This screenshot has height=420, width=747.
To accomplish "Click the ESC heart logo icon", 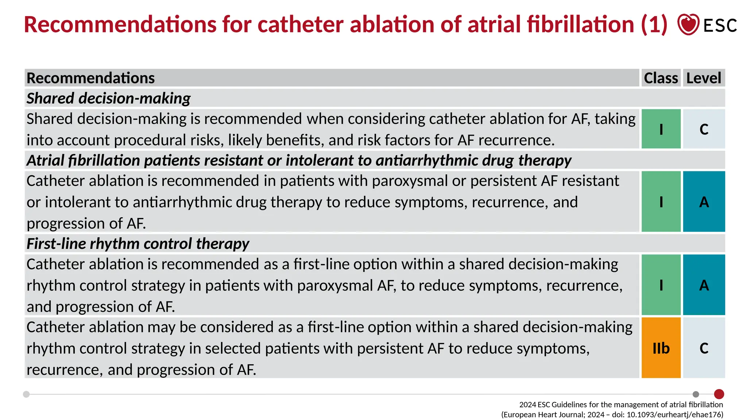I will tap(688, 24).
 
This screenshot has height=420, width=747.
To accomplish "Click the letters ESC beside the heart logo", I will tap(720, 26).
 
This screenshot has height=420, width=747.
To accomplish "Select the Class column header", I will tap(661, 78).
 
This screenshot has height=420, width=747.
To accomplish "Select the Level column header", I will tap(704, 78).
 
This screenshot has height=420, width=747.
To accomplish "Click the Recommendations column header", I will tap(91, 78).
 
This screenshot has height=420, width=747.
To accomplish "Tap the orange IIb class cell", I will tap(661, 348).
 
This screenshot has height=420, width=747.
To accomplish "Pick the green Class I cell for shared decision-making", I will tap(661, 129).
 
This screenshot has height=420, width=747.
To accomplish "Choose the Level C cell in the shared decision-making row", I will tap(704, 129).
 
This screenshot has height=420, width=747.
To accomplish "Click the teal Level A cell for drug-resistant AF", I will tap(704, 202).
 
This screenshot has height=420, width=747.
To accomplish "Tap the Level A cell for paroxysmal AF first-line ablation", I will tap(704, 285).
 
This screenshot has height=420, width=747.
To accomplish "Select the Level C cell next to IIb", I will tap(704, 348).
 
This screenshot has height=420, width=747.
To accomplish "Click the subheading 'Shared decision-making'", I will tap(108, 98).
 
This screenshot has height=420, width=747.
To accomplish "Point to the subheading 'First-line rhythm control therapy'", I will tap(138, 244).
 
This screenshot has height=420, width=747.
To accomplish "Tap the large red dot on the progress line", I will tap(719, 394).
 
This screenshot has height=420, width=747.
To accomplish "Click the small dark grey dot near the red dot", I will tap(696, 394).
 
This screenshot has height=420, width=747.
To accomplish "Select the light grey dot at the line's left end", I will tap(26, 394).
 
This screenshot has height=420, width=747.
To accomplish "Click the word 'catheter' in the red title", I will tap(300, 24).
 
